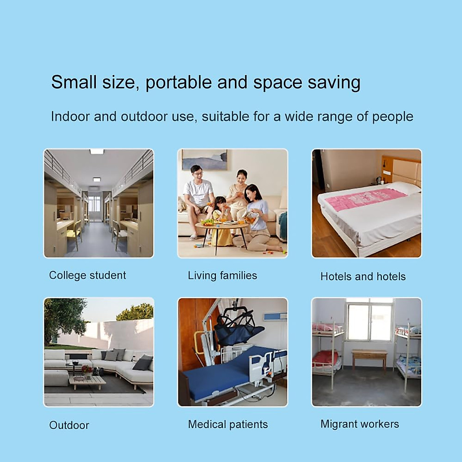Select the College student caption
coord(87,275)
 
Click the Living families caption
coord(222,276)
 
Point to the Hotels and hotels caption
coord(363,276)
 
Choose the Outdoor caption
coord(69,425)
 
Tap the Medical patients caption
coord(228,424)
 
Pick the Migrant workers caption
coord(360,424)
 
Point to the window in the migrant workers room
coord(370,321)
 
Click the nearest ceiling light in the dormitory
coord(97,152)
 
